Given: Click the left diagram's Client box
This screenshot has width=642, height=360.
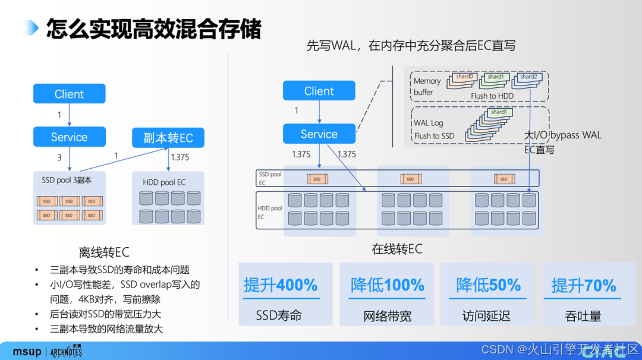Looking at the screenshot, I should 69,94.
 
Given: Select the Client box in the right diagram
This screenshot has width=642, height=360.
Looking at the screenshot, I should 319,91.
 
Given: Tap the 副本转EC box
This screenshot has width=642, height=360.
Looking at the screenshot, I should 168,138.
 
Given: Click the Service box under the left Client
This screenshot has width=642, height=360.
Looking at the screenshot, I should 69,137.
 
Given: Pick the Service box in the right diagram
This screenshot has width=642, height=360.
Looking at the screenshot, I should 319,134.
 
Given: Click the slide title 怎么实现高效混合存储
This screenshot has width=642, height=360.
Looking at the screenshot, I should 154,28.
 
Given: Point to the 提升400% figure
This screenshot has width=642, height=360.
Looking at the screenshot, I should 281,285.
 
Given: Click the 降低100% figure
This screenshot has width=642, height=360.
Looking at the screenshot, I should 388,285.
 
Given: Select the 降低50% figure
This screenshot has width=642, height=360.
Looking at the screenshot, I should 489,285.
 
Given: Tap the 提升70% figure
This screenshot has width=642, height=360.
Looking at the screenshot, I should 584,285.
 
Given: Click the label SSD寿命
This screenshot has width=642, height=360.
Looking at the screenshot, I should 279,315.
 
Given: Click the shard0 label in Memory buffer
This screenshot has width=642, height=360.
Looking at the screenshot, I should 464,77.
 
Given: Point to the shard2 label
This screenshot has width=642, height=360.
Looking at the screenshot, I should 528,77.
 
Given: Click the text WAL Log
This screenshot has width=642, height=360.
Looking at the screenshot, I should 429,123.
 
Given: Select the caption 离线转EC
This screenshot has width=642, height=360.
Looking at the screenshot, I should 104,252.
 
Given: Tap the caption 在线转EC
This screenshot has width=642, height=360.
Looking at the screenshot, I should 397,249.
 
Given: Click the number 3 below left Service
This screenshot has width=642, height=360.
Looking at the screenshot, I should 59,157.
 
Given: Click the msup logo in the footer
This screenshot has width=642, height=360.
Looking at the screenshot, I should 27,351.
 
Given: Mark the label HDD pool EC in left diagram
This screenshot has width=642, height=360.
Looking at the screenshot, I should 164,182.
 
